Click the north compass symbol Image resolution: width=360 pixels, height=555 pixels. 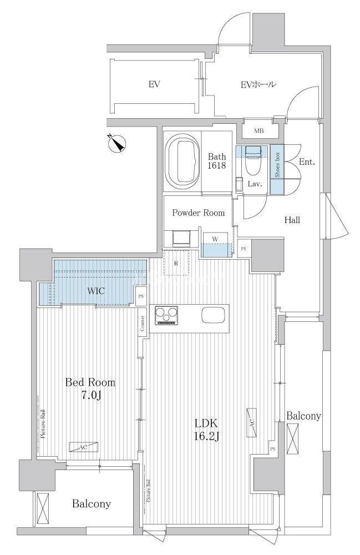(116, 143)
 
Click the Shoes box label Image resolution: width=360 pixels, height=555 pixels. (277, 164)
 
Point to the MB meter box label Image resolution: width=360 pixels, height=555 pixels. (258, 131)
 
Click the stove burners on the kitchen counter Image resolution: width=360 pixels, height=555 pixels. (166, 315)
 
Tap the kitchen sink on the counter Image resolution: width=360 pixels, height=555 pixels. (213, 315)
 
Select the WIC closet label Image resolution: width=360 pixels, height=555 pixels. (95, 291)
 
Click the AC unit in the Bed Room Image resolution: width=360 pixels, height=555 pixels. (83, 447)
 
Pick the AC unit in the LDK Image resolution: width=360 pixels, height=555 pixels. (252, 422)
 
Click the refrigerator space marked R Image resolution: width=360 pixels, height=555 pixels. (176, 263)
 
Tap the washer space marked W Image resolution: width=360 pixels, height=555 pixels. (215, 239)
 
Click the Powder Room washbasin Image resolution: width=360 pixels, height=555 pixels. (181, 238)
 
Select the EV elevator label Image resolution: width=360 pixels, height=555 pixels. (154, 84)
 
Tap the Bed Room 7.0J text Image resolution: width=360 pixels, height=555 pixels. (90, 389)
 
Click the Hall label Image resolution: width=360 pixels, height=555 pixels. (292, 220)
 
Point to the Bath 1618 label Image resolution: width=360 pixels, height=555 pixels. (216, 161)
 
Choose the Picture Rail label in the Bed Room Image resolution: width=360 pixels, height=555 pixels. (43, 424)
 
